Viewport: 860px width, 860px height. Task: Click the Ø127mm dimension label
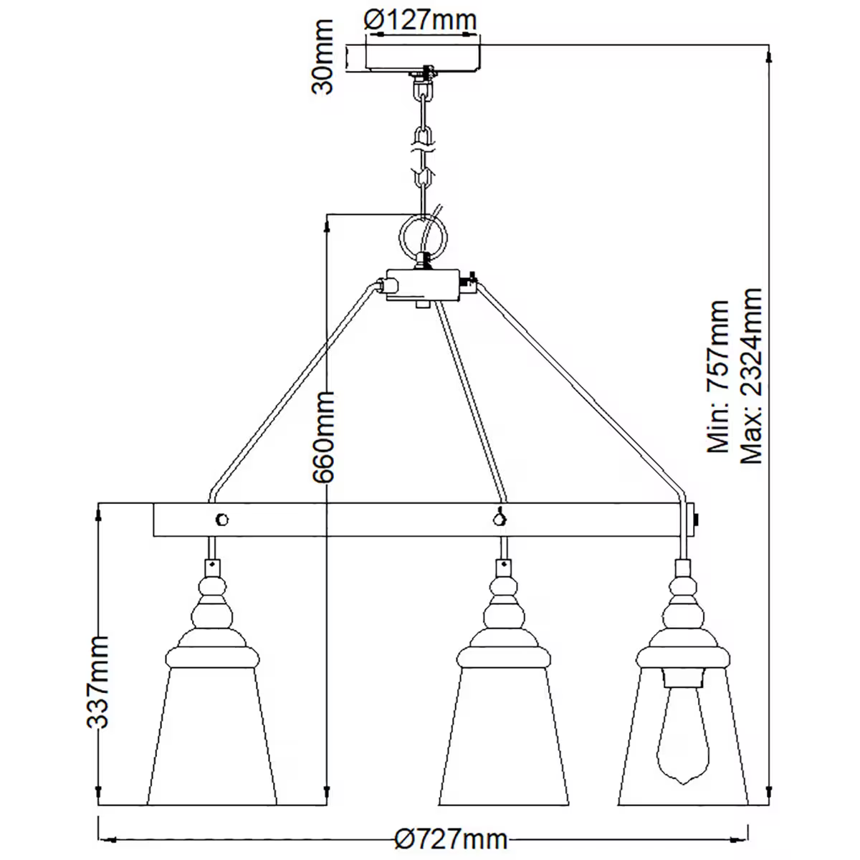(x=420, y=19)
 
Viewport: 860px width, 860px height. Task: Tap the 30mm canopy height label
(x=323, y=57)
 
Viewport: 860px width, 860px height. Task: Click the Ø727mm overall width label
(x=451, y=838)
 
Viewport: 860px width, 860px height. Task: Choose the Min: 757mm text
(x=718, y=376)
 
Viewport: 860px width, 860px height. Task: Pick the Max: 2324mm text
(x=751, y=376)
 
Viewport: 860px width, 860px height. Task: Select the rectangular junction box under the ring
(x=423, y=285)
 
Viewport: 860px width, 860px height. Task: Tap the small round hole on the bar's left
(x=222, y=519)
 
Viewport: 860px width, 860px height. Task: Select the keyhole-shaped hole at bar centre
(x=499, y=517)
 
